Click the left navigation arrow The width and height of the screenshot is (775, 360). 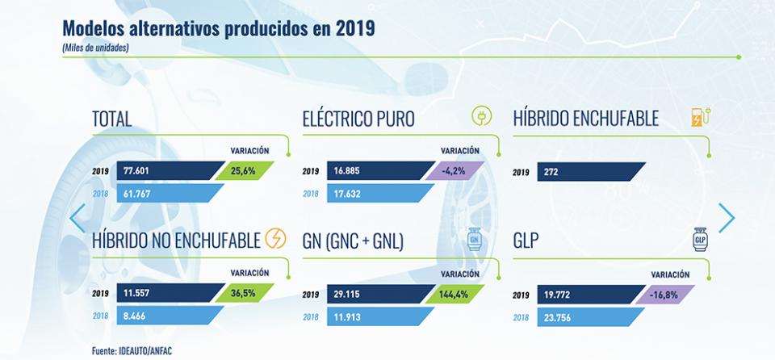click(77, 218)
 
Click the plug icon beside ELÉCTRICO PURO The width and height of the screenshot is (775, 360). click(482, 119)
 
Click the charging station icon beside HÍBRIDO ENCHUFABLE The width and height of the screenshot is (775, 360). click(700, 119)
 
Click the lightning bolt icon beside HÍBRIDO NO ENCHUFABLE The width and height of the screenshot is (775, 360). click(275, 240)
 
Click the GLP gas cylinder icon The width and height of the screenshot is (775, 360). click(700, 240)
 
